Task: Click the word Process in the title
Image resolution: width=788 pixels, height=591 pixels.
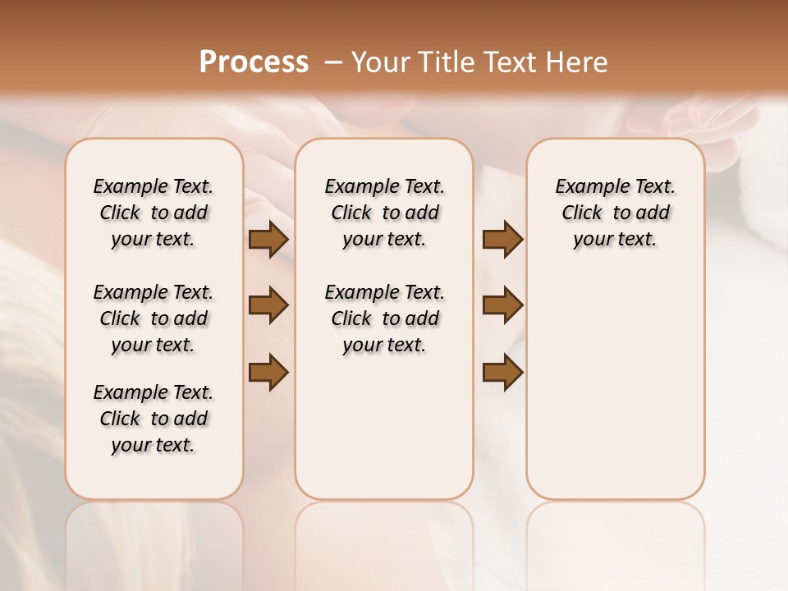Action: (x=254, y=62)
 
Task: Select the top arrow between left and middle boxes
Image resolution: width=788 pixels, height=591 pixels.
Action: (x=268, y=239)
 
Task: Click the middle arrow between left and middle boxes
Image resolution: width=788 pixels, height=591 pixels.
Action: (x=268, y=305)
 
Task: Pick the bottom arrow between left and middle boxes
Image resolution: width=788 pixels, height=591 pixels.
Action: (x=268, y=372)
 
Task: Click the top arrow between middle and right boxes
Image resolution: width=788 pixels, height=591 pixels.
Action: (x=502, y=239)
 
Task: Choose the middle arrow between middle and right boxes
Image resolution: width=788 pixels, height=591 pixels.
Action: (x=502, y=305)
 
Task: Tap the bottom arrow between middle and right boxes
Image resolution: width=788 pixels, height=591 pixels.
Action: (x=502, y=372)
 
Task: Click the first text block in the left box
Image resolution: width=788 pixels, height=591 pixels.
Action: (x=153, y=213)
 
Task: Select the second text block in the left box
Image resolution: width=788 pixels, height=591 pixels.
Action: (x=153, y=318)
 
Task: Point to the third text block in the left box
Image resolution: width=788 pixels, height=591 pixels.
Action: (x=153, y=419)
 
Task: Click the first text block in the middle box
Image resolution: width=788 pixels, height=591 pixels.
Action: (x=384, y=213)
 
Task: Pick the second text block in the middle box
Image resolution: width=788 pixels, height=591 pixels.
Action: (x=384, y=318)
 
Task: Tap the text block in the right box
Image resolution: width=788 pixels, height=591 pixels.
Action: (x=615, y=213)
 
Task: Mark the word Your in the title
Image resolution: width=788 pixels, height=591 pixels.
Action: (x=378, y=62)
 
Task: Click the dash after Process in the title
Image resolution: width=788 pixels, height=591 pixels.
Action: (x=333, y=62)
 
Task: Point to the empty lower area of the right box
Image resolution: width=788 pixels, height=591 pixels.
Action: (x=615, y=394)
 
